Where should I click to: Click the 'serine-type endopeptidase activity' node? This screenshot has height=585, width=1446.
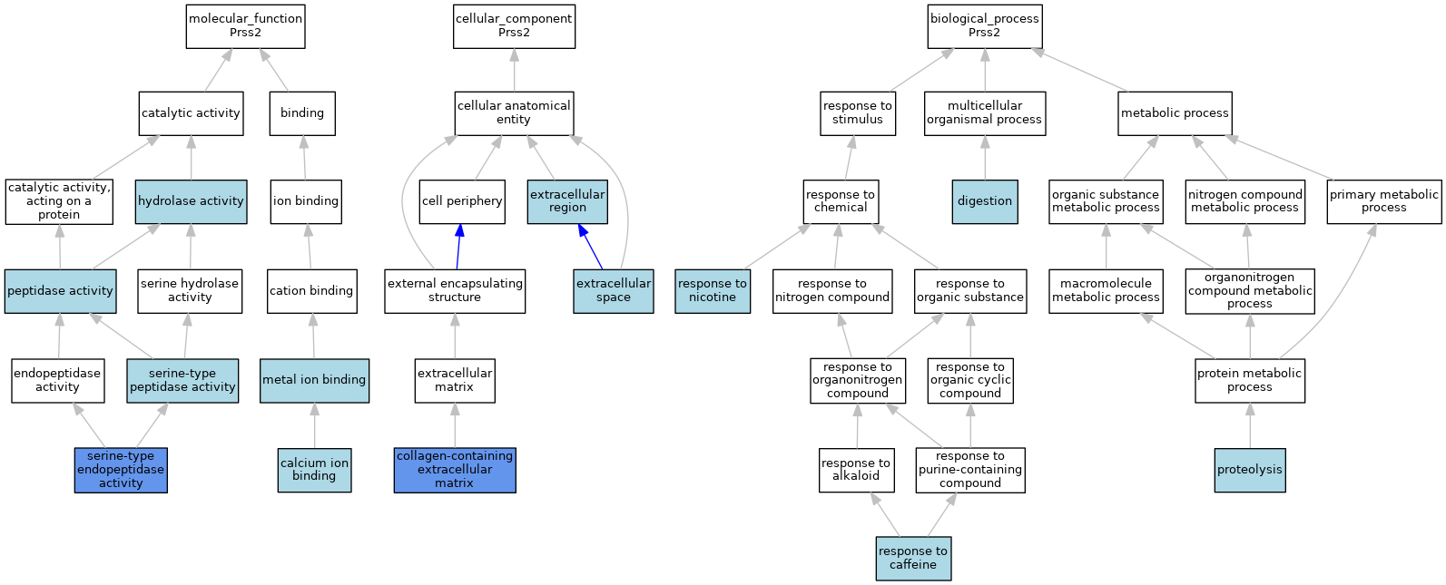point(121,470)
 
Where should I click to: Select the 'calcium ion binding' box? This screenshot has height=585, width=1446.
point(314,470)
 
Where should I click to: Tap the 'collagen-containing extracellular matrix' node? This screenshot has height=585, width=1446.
point(455,470)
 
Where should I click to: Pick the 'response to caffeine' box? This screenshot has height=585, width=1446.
point(913,559)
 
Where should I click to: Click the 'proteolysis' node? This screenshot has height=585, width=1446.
point(1250,470)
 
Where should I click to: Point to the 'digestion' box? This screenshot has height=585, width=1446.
point(985,202)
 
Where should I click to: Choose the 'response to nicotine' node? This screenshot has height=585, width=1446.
point(713,291)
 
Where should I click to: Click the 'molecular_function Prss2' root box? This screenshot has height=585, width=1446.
point(245,26)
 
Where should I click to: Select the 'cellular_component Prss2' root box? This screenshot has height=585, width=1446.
point(514,26)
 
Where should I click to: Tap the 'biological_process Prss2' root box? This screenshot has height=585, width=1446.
point(985,26)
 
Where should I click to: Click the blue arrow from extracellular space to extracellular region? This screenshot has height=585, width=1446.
point(591,247)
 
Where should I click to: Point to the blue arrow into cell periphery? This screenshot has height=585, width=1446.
point(458,247)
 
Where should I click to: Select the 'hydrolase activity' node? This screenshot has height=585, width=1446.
point(192,202)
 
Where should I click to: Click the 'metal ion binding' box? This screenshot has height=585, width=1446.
point(314,381)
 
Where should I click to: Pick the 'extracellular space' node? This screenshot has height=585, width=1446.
point(614,291)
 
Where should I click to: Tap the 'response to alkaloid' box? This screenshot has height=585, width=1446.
point(857,470)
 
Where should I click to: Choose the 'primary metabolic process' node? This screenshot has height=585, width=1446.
point(1384,202)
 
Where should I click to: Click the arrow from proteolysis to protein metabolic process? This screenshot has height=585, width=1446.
point(1250,425)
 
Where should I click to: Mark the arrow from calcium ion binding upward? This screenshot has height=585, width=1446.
point(314,425)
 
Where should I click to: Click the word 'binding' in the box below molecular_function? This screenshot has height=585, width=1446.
point(302,112)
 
